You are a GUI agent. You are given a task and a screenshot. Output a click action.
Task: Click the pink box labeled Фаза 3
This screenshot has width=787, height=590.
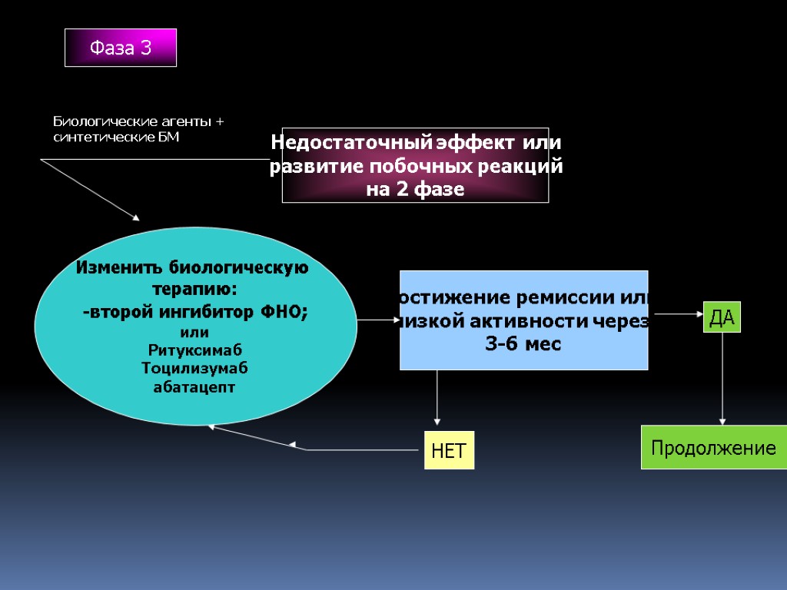121,48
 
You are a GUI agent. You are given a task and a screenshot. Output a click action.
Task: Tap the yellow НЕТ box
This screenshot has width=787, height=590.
449,450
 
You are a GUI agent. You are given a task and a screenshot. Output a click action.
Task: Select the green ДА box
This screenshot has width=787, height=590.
722,317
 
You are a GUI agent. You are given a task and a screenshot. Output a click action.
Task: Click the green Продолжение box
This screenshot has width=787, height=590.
714,448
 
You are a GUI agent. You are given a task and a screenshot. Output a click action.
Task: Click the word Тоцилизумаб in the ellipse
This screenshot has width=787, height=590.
194,368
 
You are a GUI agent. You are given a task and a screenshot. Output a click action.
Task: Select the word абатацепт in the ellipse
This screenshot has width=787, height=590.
194,386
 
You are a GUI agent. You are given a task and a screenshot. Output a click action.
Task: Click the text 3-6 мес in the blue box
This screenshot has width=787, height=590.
523,344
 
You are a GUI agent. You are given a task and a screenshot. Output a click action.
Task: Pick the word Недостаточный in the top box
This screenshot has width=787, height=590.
351,143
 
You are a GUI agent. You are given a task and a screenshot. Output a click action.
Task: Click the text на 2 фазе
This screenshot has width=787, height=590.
415,190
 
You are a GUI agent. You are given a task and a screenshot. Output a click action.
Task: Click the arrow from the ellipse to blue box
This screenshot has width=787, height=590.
377,320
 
